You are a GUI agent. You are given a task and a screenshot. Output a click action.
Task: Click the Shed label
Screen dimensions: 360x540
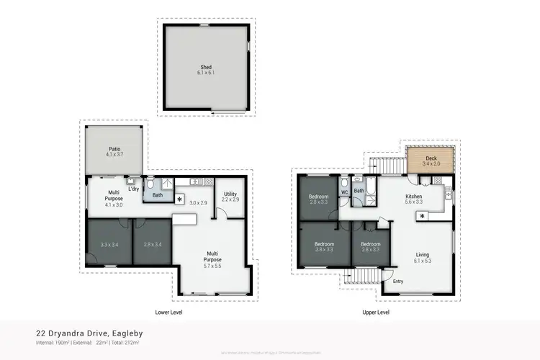[x=206, y=70]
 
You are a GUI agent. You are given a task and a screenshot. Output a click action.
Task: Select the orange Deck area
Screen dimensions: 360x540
[x=431, y=159]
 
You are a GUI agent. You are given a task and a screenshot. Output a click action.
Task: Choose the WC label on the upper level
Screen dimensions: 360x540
[x=344, y=192]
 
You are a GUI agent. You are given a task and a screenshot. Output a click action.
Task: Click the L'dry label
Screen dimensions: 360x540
[x=133, y=189]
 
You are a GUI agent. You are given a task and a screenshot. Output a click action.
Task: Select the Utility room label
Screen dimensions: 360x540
[x=230, y=197]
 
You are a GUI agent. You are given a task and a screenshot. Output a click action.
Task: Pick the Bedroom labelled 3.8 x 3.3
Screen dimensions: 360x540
[x=324, y=246]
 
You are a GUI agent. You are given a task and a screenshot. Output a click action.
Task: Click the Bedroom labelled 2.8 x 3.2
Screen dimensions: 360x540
[x=319, y=199]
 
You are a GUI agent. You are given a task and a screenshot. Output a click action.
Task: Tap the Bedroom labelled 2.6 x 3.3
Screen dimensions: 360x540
[x=370, y=246]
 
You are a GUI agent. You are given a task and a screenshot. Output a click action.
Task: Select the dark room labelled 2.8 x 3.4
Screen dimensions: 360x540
[x=153, y=246]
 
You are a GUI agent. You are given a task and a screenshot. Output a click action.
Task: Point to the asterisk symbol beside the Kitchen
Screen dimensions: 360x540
[x=422, y=215]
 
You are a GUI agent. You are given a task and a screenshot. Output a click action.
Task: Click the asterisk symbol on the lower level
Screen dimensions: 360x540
[x=179, y=200]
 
